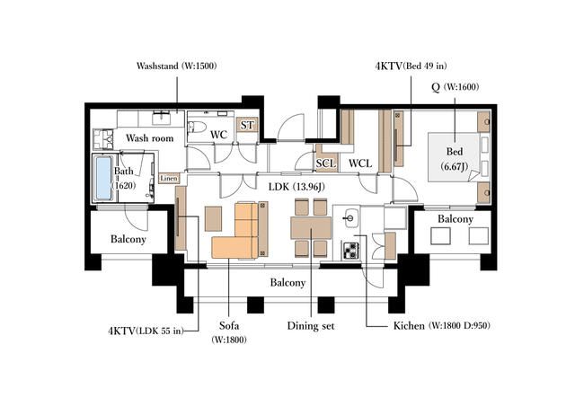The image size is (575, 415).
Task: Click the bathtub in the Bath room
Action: [x=103, y=178]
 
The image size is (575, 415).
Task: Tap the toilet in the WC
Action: [x=197, y=127]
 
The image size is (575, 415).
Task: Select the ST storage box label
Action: [x=247, y=126]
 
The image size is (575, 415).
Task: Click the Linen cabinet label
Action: [x=169, y=179]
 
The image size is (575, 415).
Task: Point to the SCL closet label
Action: [x=326, y=163]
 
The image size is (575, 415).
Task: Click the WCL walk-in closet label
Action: [x=360, y=163]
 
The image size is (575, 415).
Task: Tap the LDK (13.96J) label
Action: [x=296, y=187]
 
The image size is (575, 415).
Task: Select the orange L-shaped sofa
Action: [x=235, y=230]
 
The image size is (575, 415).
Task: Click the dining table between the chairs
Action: [x=311, y=228]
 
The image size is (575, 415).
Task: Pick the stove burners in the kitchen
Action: [x=351, y=251]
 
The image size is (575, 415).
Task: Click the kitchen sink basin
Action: [x=351, y=217]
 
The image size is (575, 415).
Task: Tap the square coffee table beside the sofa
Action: [x=213, y=219]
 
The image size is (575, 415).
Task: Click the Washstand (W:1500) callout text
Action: [x=177, y=66]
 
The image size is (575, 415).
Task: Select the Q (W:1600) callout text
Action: [x=456, y=87]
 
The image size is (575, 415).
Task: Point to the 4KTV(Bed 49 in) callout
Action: [x=411, y=66]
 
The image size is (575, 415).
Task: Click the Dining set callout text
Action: [x=311, y=326]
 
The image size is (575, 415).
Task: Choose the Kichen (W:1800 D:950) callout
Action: [x=441, y=325]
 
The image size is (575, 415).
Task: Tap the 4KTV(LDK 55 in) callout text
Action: [x=146, y=331]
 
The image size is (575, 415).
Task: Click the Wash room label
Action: [x=150, y=138]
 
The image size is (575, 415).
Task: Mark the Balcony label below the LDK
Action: [x=287, y=283]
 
